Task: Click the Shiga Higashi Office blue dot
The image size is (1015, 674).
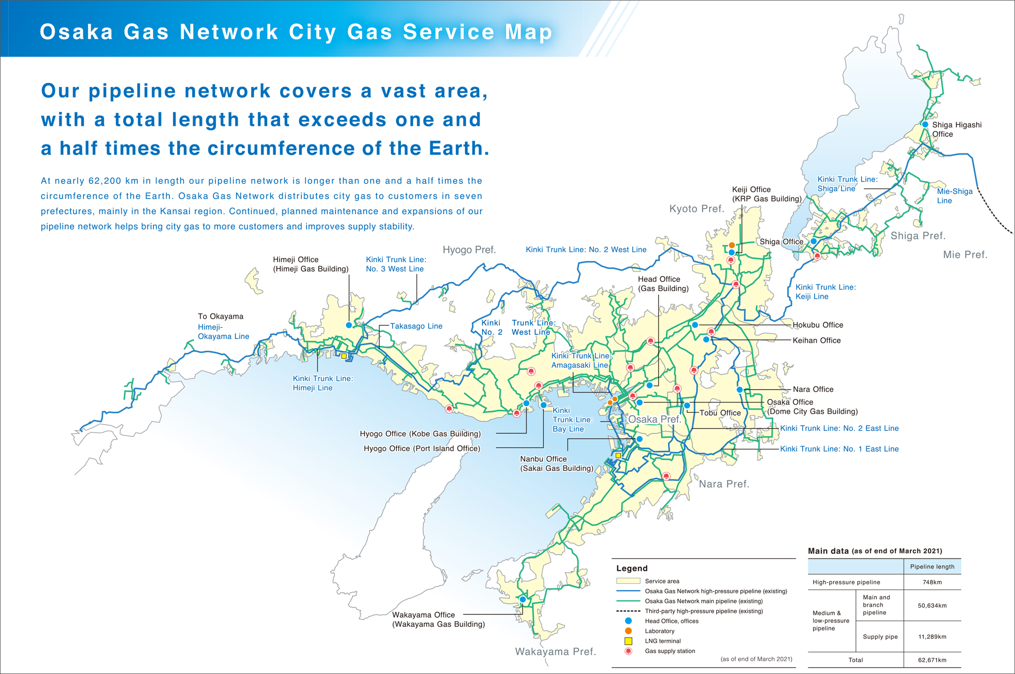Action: tap(925, 124)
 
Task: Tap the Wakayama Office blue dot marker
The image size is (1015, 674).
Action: tap(523, 599)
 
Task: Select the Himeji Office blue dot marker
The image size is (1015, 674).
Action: tap(349, 325)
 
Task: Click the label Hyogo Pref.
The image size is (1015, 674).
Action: tap(469, 250)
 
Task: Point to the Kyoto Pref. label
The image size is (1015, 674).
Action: tap(697, 209)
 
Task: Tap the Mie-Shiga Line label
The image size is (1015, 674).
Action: tap(954, 196)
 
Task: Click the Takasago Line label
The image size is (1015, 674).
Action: tap(416, 326)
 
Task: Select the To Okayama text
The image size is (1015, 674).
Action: tap(221, 316)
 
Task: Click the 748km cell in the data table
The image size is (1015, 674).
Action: tap(932, 582)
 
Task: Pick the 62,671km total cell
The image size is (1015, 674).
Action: tap(932, 660)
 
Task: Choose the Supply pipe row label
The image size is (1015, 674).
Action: tap(880, 637)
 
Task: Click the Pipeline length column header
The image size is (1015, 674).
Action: tap(932, 566)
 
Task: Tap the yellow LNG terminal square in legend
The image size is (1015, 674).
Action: tap(628, 641)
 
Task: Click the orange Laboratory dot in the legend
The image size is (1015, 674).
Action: tap(628, 631)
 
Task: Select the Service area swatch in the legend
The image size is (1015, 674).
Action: tap(628, 581)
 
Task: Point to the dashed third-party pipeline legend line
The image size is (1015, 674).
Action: tap(628, 611)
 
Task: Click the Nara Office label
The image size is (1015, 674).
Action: tap(813, 389)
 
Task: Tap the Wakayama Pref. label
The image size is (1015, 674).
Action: tap(555, 652)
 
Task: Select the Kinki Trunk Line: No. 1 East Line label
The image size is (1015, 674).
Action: tap(839, 449)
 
